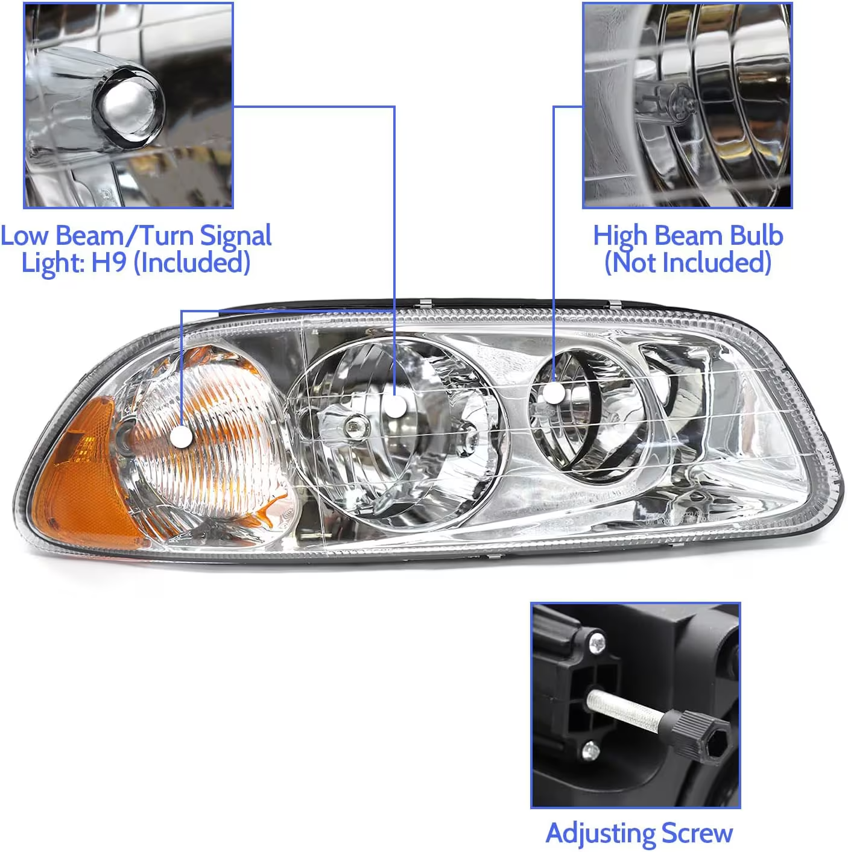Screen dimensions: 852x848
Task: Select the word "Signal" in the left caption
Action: tap(236, 236)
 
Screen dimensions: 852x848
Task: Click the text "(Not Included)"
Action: tap(688, 262)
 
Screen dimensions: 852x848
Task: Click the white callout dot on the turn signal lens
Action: tap(181, 436)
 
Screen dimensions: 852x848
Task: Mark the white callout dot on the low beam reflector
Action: tap(395, 406)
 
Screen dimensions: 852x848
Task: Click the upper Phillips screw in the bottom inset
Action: tap(597, 642)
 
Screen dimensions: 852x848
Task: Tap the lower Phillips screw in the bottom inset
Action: tap(590, 751)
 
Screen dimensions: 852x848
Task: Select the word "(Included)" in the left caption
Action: tap(192, 262)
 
